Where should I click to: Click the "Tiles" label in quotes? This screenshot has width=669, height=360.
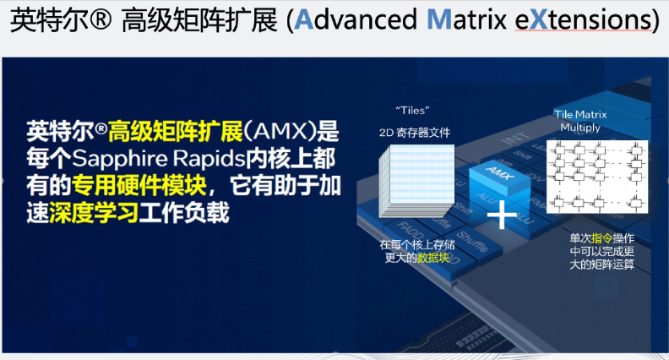[413, 111]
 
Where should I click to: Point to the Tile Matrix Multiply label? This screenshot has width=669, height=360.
[580, 121]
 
